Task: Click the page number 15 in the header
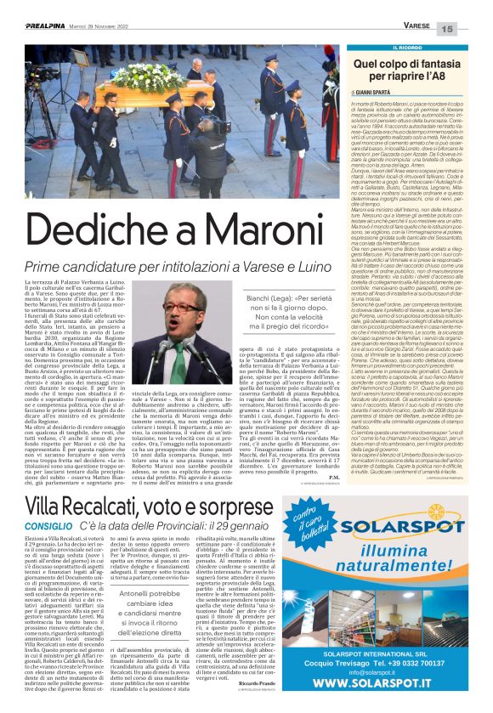point(471,29)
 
